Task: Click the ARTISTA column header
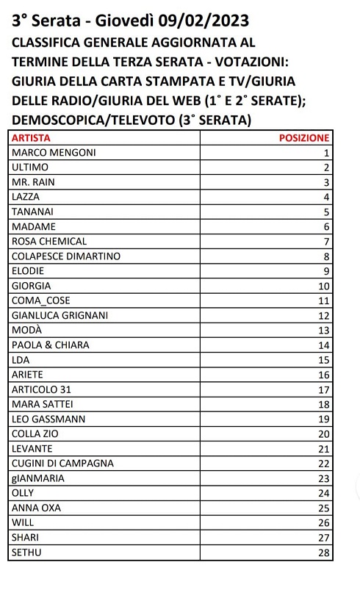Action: click(31, 138)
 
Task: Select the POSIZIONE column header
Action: click(305, 138)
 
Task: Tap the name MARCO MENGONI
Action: click(54, 153)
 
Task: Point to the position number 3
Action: click(326, 182)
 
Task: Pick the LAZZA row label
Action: click(26, 197)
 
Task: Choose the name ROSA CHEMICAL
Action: click(50, 241)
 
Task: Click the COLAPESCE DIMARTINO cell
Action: click(67, 256)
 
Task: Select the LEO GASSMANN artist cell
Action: click(48, 419)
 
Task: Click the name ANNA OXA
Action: click(37, 508)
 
